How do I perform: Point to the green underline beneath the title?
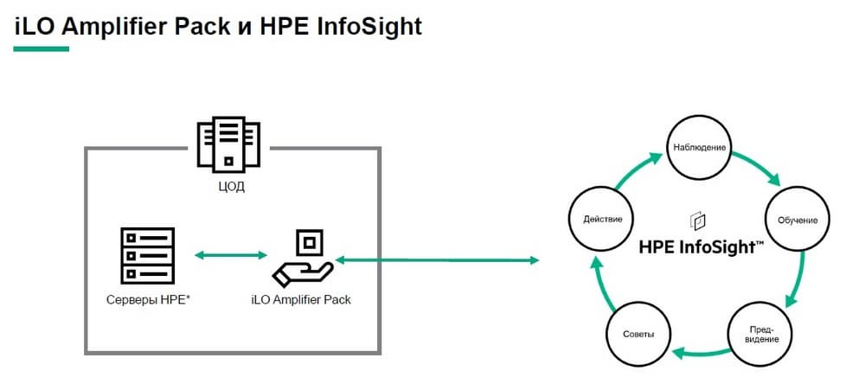click(41, 48)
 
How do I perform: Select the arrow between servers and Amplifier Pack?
click(230, 254)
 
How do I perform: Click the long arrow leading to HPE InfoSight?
click(437, 259)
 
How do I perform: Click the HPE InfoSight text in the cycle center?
click(701, 246)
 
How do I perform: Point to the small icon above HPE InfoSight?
click(696, 220)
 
